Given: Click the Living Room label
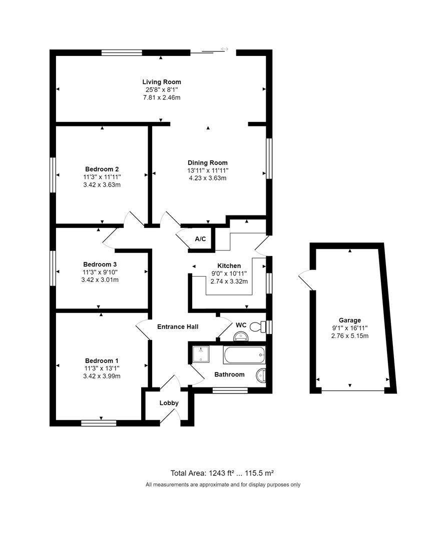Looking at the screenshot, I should click(x=161, y=82).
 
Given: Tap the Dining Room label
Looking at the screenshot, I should click(x=207, y=162).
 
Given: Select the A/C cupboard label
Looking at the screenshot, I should click(x=200, y=239).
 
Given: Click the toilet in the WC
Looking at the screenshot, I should click(x=256, y=326).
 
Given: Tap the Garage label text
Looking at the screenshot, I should click(x=349, y=320).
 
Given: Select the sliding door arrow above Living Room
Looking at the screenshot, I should click(x=224, y=49).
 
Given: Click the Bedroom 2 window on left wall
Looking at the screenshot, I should click(x=52, y=174).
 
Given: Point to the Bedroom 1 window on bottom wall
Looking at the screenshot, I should click(x=99, y=423).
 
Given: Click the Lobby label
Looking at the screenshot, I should click(x=169, y=403).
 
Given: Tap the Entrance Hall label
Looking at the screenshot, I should click(x=178, y=327).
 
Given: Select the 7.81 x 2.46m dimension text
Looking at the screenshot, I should click(x=161, y=97).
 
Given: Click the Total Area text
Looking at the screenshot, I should click(x=223, y=473).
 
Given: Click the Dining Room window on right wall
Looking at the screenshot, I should click(x=269, y=158).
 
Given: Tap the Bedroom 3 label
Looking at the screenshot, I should click(x=100, y=264).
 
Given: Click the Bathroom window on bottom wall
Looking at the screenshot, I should click(x=230, y=390).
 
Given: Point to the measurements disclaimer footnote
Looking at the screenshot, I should click(x=223, y=484).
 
